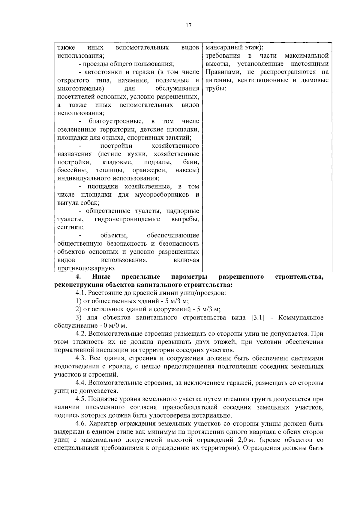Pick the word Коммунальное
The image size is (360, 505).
coord(301,318)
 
